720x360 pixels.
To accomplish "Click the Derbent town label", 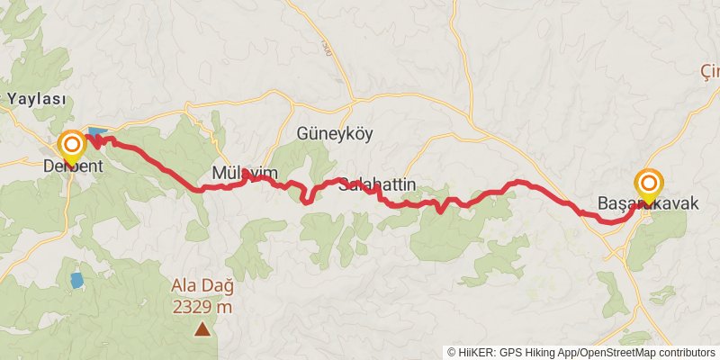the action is click(x=73, y=166).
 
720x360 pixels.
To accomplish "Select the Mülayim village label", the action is click(x=244, y=173).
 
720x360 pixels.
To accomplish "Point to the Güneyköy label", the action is click(x=334, y=134).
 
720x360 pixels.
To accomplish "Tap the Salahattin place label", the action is click(x=377, y=185).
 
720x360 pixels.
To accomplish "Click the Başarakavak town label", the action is click(x=648, y=204).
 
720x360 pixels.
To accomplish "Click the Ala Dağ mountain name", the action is click(x=202, y=287).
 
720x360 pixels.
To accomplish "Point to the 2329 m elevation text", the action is click(x=202, y=306).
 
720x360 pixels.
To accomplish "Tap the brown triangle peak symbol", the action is click(x=203, y=329).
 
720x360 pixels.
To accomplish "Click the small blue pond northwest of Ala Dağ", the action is click(x=77, y=279).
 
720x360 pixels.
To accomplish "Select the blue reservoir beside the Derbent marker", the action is click(x=96, y=133).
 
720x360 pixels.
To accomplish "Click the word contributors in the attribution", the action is click(x=686, y=352).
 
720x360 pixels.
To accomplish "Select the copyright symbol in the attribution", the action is click(x=453, y=352).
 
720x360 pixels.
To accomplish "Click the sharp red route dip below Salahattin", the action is click(x=439, y=211).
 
